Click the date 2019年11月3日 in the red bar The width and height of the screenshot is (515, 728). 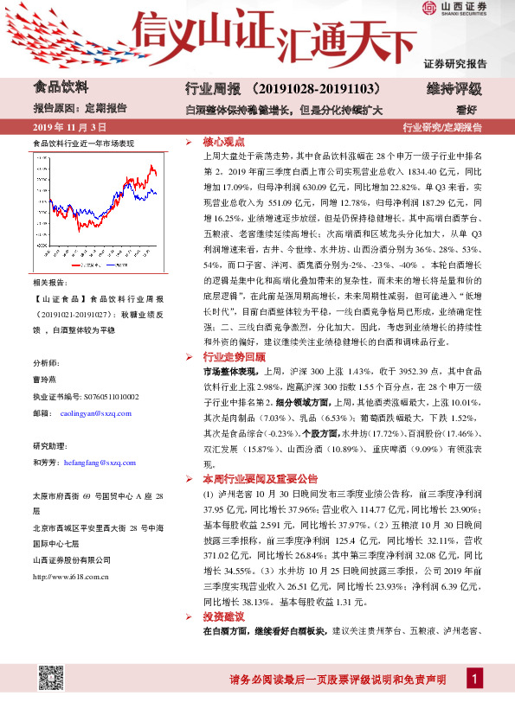click(x=63, y=127)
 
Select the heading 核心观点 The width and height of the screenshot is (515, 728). click(x=223, y=142)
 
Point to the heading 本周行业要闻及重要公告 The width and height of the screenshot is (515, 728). click(x=260, y=478)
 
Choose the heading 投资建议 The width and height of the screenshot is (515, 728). click(x=223, y=617)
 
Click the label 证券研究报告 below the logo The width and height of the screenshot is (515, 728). click(x=455, y=64)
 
